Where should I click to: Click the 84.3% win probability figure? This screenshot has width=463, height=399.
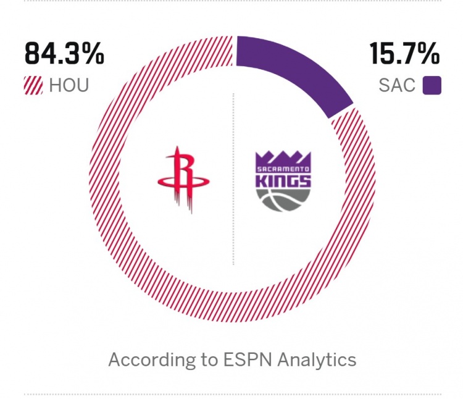(x=64, y=54)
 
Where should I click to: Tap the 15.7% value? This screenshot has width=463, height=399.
(x=404, y=54)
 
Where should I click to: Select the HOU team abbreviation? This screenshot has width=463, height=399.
(x=69, y=85)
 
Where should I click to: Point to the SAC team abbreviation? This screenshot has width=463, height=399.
(x=397, y=85)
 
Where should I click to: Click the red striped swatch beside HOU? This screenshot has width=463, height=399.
(x=34, y=85)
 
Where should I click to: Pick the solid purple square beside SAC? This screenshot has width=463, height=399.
(x=432, y=85)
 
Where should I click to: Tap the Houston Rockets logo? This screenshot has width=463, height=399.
(x=183, y=179)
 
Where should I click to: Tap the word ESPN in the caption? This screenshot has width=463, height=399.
(x=234, y=359)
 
